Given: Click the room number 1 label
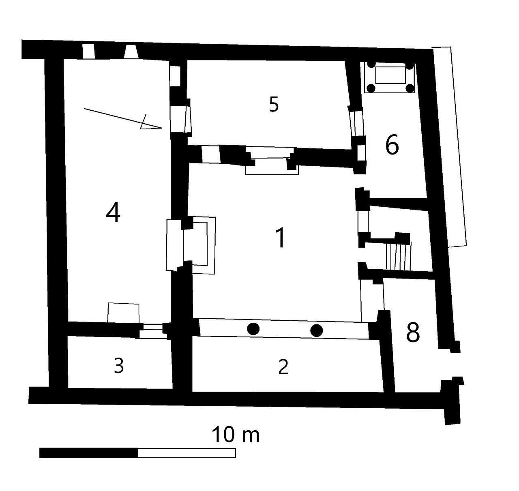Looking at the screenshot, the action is point(280,237).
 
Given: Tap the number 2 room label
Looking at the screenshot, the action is point(283,367).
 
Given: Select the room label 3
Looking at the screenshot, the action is point(119,365).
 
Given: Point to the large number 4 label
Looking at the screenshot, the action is point(113,213).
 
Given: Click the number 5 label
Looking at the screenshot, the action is point(274,104).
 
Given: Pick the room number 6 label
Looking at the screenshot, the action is point(392,145).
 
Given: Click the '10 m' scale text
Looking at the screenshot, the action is point(236,435).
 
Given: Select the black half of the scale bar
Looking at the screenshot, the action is point(89,453).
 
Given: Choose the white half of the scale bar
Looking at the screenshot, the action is point(187,453).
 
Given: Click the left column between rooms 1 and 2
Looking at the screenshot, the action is point(253,329).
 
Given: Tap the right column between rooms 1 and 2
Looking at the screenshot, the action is point(317,330).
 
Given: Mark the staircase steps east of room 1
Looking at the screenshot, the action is point(399,257).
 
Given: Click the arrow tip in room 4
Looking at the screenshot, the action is point(161,128).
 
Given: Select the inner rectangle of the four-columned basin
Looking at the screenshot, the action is point(390,75).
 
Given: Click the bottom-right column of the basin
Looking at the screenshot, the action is point(410,88).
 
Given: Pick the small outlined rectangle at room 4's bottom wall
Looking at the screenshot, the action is point(123,313).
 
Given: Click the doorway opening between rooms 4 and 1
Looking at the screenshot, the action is point(174,245).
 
